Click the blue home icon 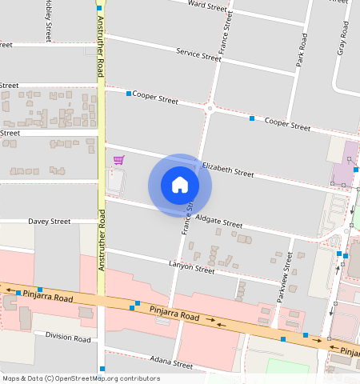(180, 185)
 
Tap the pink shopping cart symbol (118, 160)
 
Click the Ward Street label (207, 6)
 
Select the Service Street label (198, 54)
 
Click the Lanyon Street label (191, 266)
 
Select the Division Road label (68, 337)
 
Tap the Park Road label (302, 50)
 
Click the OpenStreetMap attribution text (81, 378)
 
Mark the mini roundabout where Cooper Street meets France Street (210, 108)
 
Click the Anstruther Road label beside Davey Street (102, 240)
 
